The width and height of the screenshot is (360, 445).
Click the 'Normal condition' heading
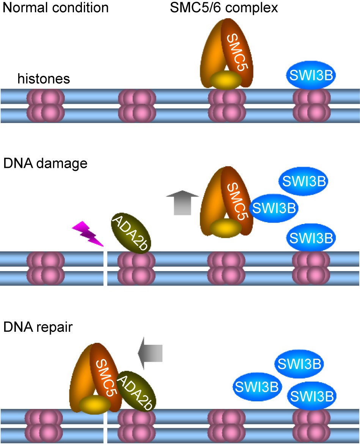[x=56, y=8]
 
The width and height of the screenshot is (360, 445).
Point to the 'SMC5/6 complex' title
[x=224, y=8]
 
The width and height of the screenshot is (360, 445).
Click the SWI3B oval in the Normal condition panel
[x=310, y=76]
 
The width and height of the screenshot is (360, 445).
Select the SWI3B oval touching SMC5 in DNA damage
[x=274, y=207]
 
